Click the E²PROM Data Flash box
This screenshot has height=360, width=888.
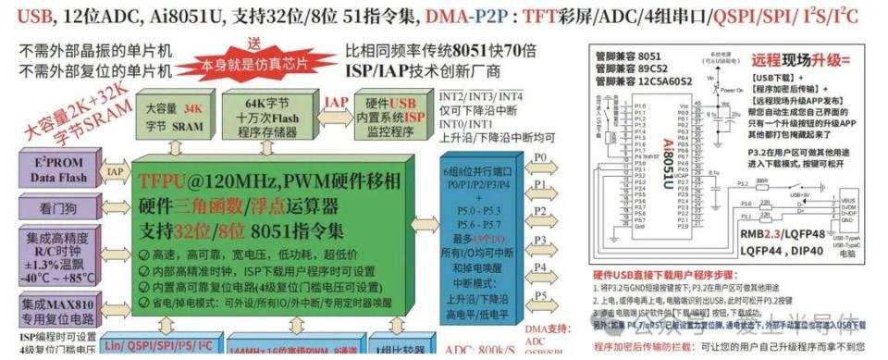(x=53, y=170)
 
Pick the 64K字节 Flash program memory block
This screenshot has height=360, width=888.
(x=267, y=115)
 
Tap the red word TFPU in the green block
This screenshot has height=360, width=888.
(x=167, y=177)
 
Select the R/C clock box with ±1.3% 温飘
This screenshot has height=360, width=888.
(x=53, y=255)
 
